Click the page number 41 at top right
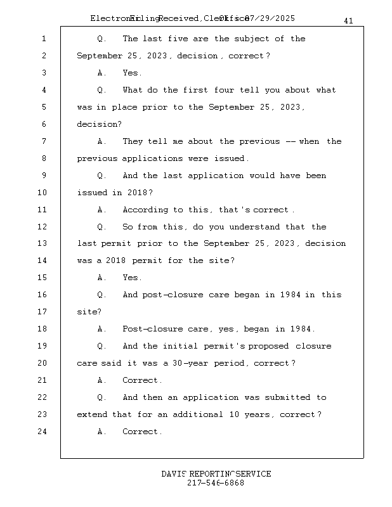click(348, 21)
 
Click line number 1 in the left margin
click(43, 39)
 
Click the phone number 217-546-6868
click(216, 483)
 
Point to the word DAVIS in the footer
click(174, 474)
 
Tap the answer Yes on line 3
click(132, 73)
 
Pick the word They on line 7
click(133, 141)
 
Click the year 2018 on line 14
click(116, 260)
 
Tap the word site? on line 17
click(89, 312)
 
